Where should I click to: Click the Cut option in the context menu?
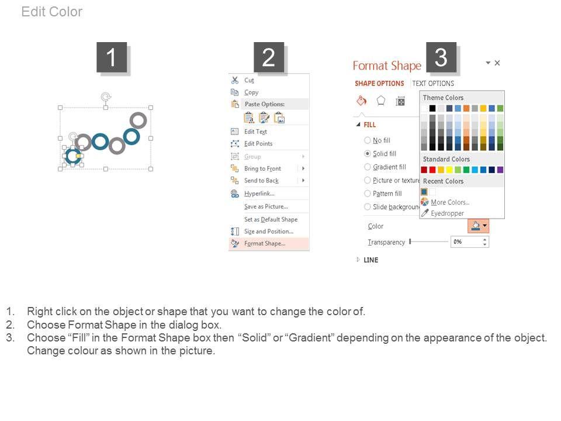(249, 80)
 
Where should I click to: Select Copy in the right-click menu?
(251, 92)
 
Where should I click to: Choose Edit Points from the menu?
(258, 144)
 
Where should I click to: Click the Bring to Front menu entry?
(262, 168)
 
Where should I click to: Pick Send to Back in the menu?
(261, 181)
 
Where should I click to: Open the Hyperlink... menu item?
(259, 194)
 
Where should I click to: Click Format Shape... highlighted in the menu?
(265, 243)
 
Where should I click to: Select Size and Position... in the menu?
(269, 232)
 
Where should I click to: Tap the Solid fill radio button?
(367, 154)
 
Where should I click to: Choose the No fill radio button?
(367, 140)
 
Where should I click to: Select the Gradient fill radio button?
(367, 167)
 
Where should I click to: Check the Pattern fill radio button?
(367, 194)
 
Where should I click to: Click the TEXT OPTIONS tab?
(433, 84)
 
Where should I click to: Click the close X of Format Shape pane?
(497, 63)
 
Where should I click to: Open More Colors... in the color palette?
(450, 202)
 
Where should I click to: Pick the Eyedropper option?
(447, 213)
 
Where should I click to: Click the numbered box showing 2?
(269, 57)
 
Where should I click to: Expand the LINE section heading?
(370, 260)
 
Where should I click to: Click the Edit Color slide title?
(52, 12)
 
